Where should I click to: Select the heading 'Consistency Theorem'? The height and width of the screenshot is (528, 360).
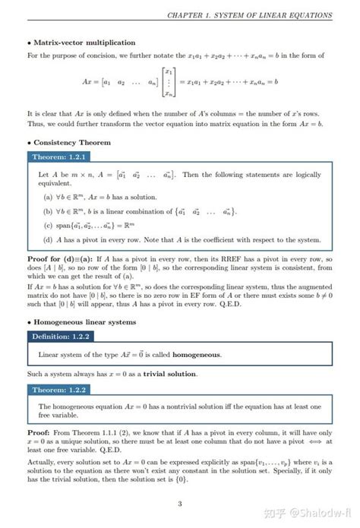72,142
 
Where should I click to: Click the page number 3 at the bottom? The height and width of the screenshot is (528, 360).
179,504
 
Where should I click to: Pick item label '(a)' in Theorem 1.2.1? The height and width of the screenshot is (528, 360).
49,197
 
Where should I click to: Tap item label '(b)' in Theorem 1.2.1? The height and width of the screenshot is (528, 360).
49,211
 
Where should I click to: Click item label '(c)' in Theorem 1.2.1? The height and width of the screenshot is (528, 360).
49,225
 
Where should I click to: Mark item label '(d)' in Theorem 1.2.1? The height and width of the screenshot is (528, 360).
49,239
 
